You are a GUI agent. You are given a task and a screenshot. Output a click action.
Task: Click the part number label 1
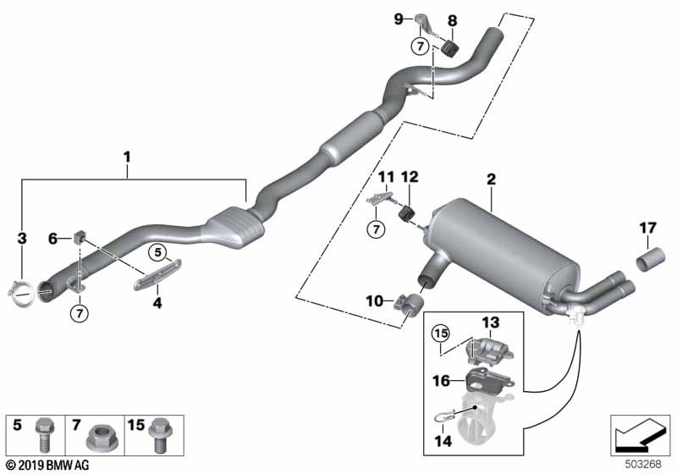coord(127,157)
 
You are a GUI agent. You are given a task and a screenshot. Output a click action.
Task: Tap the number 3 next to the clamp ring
coord(22,242)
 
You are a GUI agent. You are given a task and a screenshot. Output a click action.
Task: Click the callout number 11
coord(386,177)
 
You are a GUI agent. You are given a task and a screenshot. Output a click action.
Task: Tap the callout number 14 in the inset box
coord(440,441)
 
